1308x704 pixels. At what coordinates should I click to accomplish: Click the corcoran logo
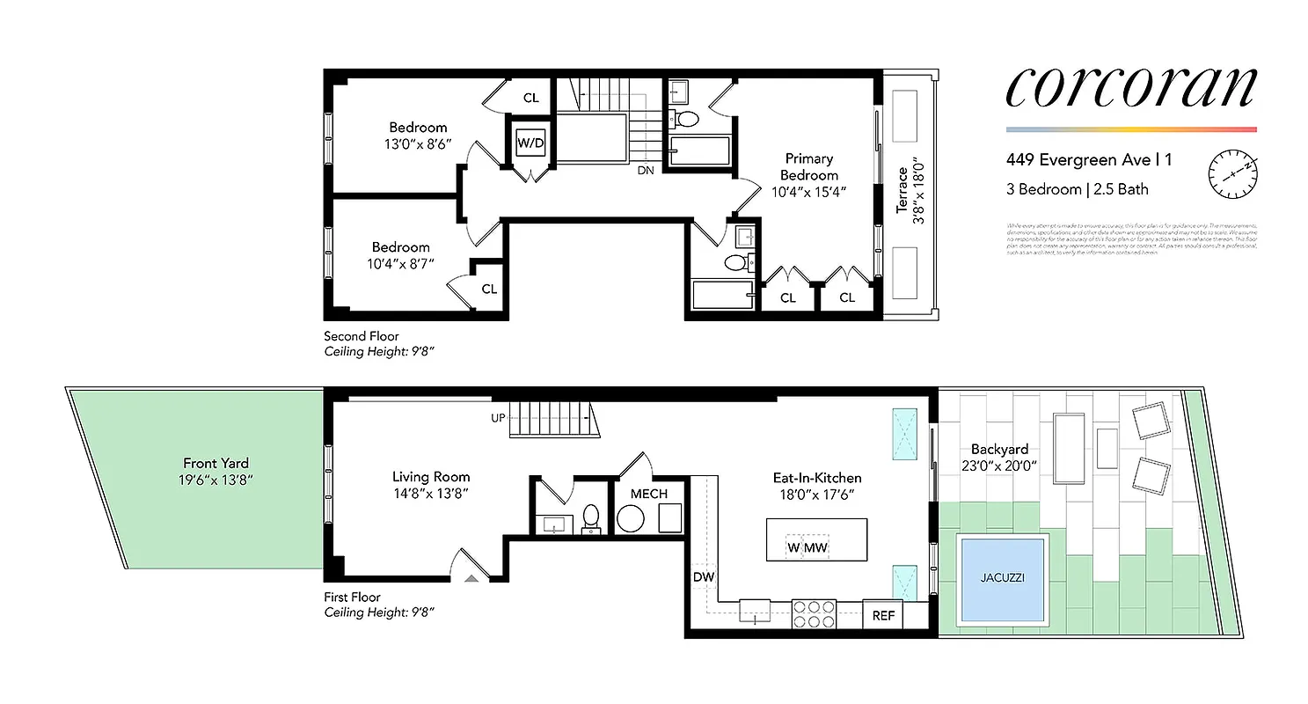pyautogui.click(x=1130, y=88)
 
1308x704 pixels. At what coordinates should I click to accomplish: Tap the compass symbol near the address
pyautogui.click(x=1231, y=173)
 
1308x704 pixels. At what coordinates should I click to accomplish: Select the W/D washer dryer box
pyautogui.click(x=530, y=143)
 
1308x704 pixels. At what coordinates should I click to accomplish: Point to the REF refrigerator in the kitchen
pyautogui.click(x=882, y=615)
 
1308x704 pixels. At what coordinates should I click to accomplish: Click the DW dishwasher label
pyautogui.click(x=703, y=577)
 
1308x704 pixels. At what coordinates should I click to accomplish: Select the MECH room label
pyautogui.click(x=648, y=494)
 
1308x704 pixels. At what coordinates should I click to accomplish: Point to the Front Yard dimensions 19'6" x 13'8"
pyautogui.click(x=216, y=480)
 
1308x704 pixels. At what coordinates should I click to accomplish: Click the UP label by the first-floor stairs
pyautogui.click(x=498, y=417)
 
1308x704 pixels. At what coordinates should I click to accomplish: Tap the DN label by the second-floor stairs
pyautogui.click(x=646, y=171)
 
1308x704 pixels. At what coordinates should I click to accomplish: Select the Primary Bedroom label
pyautogui.click(x=808, y=166)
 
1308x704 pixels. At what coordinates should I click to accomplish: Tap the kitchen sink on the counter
pyautogui.click(x=754, y=612)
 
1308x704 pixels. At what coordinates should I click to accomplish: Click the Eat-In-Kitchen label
pyautogui.click(x=816, y=478)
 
